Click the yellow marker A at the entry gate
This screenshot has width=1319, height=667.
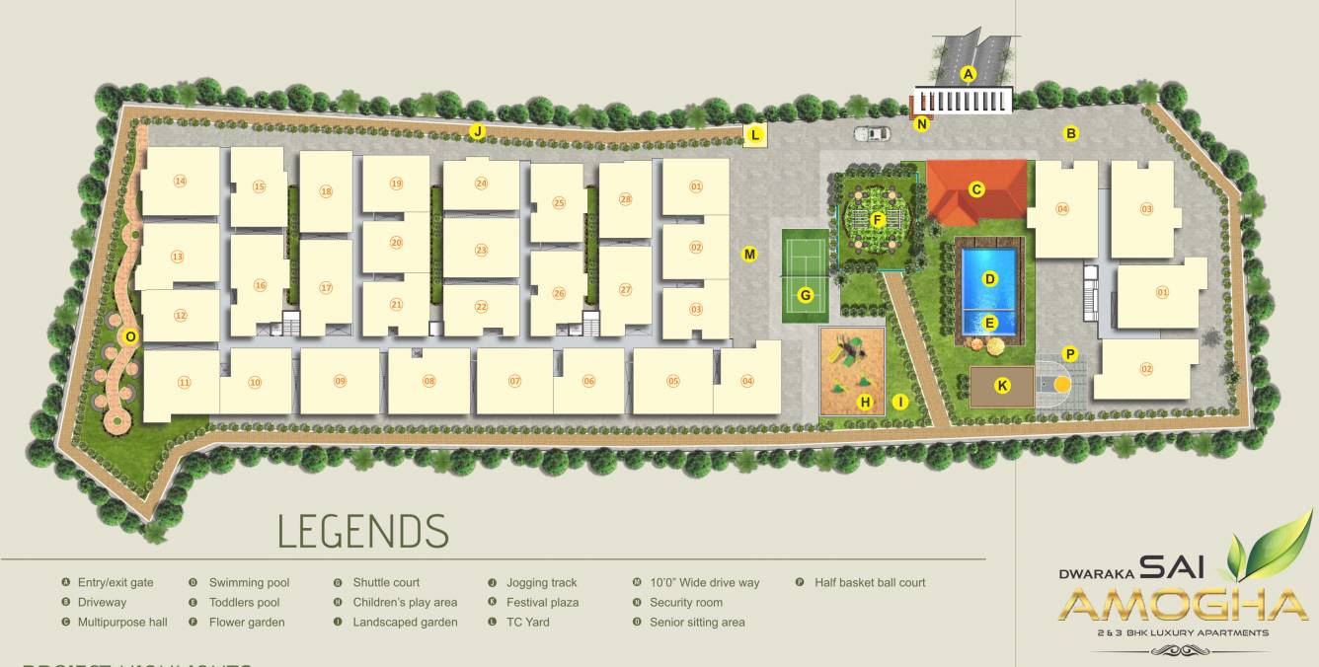(969, 73)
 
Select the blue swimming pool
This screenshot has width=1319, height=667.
(990, 286)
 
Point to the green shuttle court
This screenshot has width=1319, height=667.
(806, 276)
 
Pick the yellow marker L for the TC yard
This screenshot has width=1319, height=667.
(755, 135)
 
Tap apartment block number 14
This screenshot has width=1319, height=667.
(180, 181)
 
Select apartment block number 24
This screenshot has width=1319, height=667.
(481, 184)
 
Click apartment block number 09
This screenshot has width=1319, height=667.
(340, 381)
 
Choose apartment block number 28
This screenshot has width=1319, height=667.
(625, 199)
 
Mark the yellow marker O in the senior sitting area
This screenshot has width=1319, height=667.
(129, 336)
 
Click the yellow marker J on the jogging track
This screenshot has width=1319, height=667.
(477, 131)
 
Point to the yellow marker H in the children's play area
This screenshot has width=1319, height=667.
(865, 402)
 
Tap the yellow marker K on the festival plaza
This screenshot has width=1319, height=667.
(1002, 386)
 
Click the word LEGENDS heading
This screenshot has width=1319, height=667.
(362, 531)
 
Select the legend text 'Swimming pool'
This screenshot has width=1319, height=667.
(249, 583)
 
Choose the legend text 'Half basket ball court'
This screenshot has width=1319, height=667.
(870, 583)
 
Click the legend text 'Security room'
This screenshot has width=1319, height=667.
(685, 603)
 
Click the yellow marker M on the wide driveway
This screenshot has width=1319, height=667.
(749, 255)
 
